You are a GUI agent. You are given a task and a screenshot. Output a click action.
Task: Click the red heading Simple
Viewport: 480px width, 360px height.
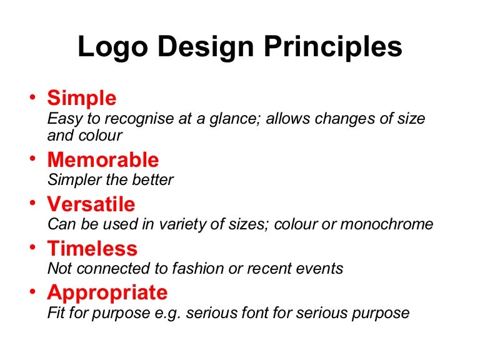click(x=82, y=98)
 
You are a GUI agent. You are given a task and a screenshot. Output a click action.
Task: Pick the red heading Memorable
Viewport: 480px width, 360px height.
click(x=103, y=160)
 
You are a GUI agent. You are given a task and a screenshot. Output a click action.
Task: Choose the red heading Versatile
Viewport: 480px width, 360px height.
click(x=91, y=204)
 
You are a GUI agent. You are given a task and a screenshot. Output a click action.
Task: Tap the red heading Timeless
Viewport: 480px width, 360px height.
click(x=92, y=249)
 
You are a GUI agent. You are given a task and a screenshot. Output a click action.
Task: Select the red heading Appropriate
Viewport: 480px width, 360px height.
click(x=107, y=292)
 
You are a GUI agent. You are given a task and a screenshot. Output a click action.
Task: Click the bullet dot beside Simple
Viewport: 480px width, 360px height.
click(x=32, y=98)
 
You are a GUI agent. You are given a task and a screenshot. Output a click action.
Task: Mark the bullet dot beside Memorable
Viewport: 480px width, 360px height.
click(x=32, y=159)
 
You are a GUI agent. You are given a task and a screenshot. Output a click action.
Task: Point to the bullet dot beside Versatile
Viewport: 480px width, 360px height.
click(x=32, y=204)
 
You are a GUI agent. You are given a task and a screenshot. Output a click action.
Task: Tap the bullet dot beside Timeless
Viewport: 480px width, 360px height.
click(x=32, y=248)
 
